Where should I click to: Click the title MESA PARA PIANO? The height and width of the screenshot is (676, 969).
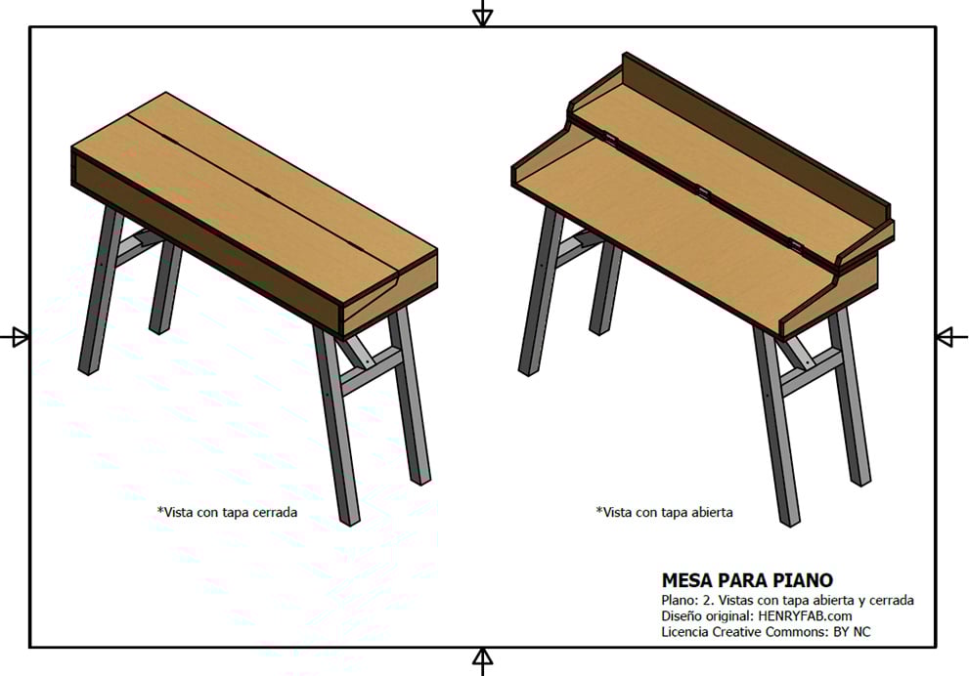click(x=747, y=580)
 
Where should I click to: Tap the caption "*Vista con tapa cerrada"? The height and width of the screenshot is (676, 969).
click(x=227, y=513)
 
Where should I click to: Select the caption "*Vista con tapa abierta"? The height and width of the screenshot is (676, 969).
click(x=664, y=513)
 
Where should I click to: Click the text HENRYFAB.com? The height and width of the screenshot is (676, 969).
click(x=805, y=616)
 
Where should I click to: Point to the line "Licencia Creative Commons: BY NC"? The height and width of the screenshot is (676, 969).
click(x=766, y=632)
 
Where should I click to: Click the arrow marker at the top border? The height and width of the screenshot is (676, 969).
click(x=483, y=14)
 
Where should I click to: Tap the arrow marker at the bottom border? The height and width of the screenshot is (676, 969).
click(x=483, y=661)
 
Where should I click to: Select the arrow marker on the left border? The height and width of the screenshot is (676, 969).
click(x=15, y=337)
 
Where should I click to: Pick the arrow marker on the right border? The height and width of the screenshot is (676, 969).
click(x=951, y=337)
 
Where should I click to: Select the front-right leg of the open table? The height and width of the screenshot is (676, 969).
click(x=776, y=426)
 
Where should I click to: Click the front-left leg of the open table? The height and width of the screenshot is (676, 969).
click(x=542, y=291)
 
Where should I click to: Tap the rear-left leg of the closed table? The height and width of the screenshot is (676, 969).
click(x=165, y=287)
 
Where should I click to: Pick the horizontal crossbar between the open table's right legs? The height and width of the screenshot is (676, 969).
click(x=811, y=372)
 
